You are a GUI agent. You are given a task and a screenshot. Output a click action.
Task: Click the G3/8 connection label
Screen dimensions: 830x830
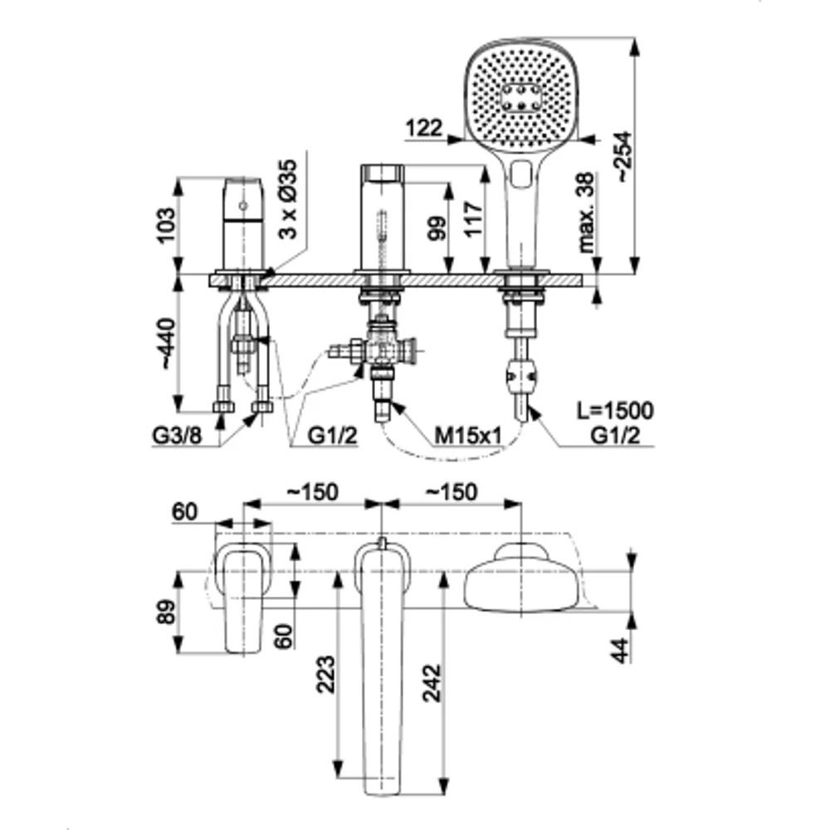pos(177,435)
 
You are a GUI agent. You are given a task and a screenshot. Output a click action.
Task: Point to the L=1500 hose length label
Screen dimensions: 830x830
pos(614,409)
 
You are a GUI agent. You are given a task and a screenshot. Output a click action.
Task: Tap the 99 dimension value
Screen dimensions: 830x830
pos(434,224)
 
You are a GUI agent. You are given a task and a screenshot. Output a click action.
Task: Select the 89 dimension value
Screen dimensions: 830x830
pos(166,613)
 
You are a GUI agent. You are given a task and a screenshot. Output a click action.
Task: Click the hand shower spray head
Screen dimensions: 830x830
pos(516,95)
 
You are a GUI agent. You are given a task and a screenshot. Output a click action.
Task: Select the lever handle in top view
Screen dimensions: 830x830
pos(242,598)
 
